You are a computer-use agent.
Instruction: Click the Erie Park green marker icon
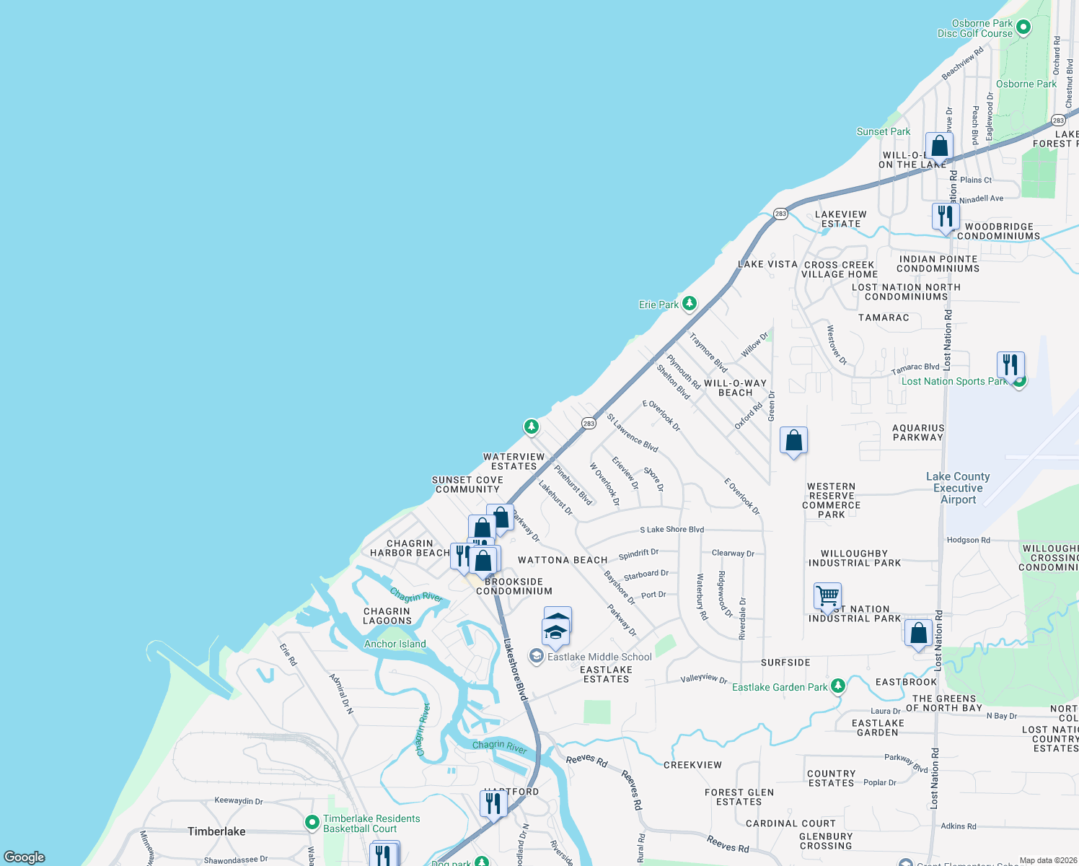click(690, 303)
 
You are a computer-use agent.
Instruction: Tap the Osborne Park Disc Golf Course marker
click(1023, 28)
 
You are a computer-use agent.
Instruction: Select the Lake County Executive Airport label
click(958, 488)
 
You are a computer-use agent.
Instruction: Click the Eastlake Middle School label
click(599, 657)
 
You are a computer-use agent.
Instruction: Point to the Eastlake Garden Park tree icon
click(837, 686)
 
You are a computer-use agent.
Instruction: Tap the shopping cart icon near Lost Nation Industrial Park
click(827, 597)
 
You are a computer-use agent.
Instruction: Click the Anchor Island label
click(395, 644)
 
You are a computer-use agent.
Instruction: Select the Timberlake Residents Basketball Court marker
click(312, 822)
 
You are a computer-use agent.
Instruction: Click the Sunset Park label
click(883, 131)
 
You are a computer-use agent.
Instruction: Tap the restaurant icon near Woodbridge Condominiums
click(945, 216)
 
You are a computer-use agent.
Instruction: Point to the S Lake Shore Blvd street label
click(671, 530)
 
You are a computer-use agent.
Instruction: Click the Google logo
click(25, 857)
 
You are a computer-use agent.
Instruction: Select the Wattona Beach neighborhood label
click(563, 560)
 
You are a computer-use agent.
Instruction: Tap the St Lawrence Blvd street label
click(632, 432)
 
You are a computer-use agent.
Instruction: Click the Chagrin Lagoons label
click(387, 616)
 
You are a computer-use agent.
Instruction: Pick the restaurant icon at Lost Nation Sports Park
click(1010, 365)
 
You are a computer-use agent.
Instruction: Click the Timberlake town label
click(216, 831)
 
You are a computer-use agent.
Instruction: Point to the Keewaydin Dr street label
click(239, 801)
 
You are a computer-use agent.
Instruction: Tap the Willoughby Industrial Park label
click(855, 558)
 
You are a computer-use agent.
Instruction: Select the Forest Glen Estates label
click(739, 797)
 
